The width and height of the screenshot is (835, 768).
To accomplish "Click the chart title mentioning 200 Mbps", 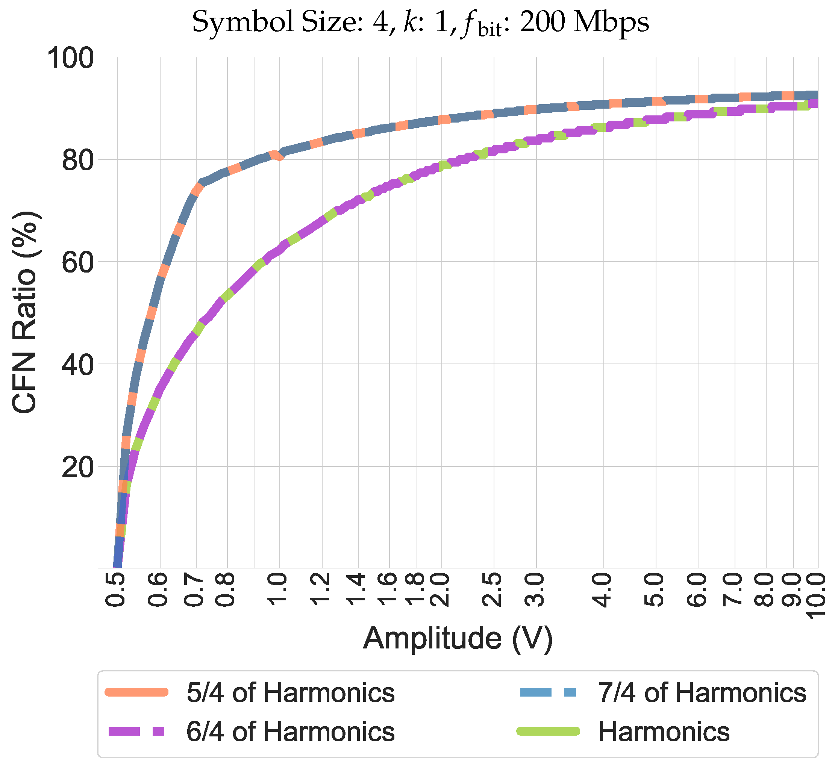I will [420, 23].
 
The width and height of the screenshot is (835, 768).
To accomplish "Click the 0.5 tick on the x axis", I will [117, 590].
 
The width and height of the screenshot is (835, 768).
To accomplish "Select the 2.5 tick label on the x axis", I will [493, 590].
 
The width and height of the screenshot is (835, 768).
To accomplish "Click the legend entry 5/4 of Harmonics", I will [290, 693].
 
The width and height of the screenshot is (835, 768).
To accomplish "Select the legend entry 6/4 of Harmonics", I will [290, 732].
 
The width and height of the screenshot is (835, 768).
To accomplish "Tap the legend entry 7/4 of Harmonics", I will [702, 693].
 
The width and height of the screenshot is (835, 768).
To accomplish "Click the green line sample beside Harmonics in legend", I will [548, 732].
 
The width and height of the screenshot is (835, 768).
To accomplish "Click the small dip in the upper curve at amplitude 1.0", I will [279, 156].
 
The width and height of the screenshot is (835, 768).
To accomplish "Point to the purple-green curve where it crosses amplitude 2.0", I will [441, 165].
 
